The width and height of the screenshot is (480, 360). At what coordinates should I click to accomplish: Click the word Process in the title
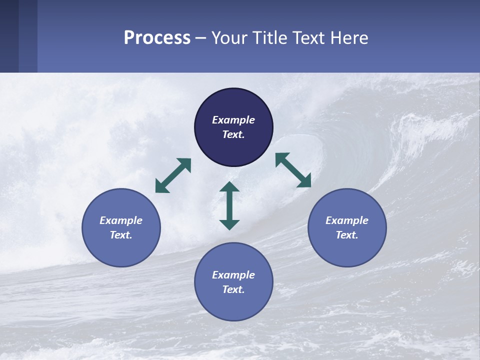pyautogui.click(x=157, y=38)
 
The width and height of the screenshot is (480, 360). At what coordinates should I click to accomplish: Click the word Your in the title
pyautogui.click(x=228, y=38)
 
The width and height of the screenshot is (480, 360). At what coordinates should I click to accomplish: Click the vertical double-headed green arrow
pyautogui.click(x=229, y=205)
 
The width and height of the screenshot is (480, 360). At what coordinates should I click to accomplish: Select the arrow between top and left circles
pyautogui.click(x=173, y=175)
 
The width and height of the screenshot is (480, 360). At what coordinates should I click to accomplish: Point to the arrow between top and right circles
pyautogui.click(x=293, y=170)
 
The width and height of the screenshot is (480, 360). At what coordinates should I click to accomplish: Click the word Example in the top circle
pyautogui.click(x=233, y=120)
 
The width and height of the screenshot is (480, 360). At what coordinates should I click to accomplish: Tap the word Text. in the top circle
pyautogui.click(x=233, y=134)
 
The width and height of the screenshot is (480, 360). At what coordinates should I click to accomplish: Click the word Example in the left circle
pyautogui.click(x=121, y=220)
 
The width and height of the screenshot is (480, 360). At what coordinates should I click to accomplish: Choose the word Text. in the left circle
pyautogui.click(x=121, y=235)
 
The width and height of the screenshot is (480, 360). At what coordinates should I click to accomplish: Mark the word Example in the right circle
pyautogui.click(x=347, y=220)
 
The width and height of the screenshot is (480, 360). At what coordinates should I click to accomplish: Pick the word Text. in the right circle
pyautogui.click(x=347, y=235)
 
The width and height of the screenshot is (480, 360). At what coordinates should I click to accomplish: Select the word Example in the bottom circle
pyautogui.click(x=233, y=275)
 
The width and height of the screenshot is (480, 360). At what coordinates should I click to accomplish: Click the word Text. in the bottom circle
pyautogui.click(x=233, y=289)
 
